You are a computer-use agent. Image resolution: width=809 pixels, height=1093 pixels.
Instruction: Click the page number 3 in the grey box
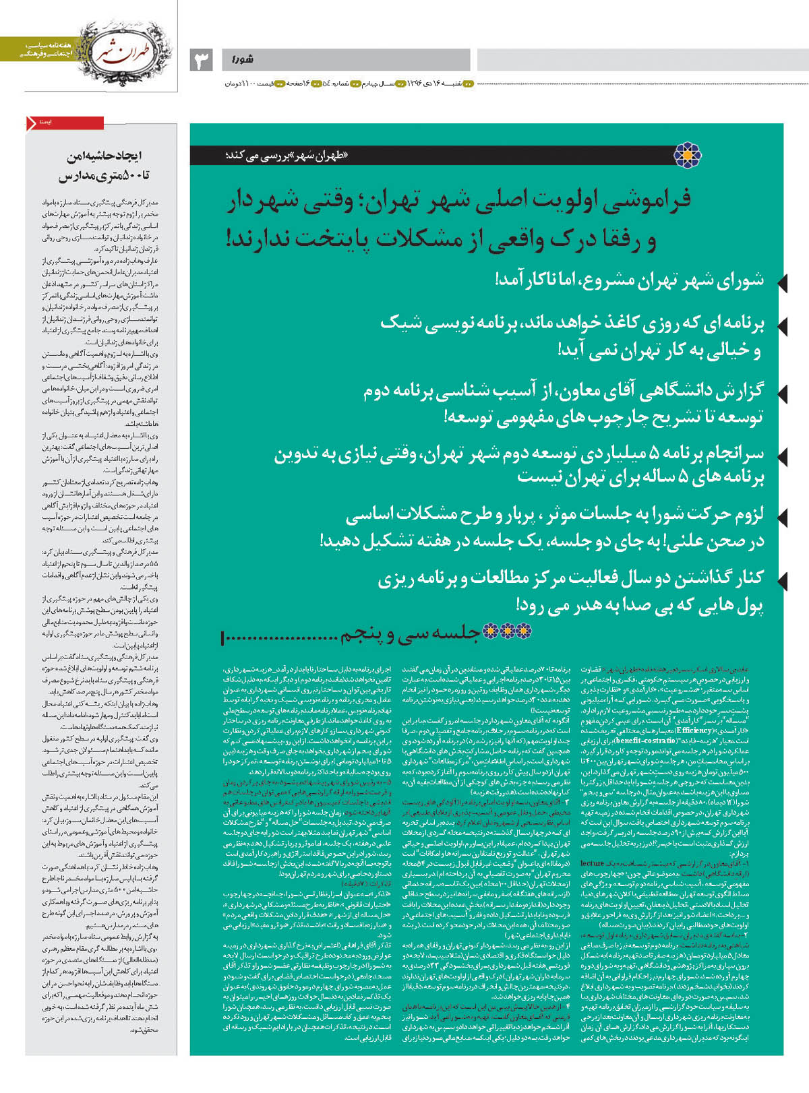[x=202, y=60]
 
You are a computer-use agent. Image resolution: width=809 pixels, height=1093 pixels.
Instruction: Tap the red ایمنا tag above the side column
[x=65, y=123]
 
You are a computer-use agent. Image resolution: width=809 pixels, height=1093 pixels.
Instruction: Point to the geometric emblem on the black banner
[x=687, y=155]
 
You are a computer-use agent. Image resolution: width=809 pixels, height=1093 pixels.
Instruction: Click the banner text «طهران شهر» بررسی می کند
[x=286, y=156]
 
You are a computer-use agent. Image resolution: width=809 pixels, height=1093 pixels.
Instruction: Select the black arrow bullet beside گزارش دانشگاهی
[x=781, y=392]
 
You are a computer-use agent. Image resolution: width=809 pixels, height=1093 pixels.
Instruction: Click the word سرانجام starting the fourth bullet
[x=727, y=452]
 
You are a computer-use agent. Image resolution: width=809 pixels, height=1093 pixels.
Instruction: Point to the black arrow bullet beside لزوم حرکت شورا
[x=781, y=517]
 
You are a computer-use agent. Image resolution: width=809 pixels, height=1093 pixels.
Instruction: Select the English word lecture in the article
[x=592, y=863]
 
